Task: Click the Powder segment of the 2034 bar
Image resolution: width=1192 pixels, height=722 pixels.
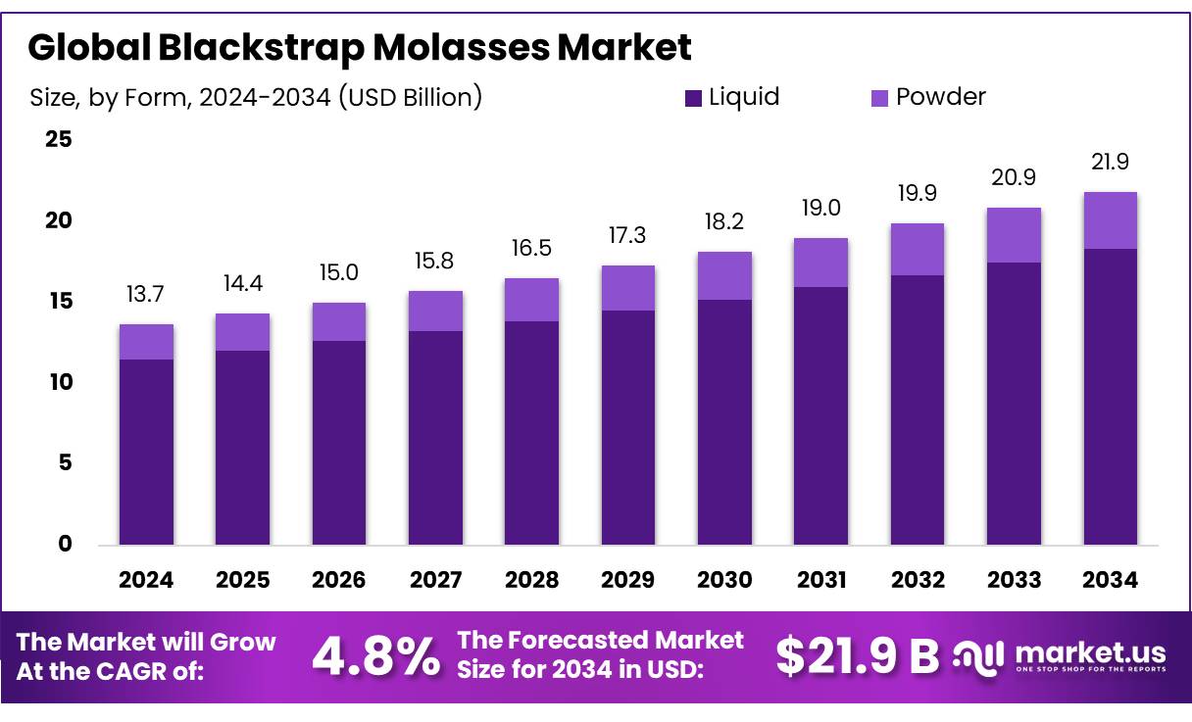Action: click(1110, 220)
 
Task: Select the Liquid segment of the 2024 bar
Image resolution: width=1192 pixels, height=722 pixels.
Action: click(146, 452)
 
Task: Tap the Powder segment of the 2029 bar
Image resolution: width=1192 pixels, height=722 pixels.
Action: click(628, 288)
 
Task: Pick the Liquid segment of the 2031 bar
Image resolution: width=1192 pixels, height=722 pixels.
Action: click(820, 415)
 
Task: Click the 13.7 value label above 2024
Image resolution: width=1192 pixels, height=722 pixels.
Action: click(146, 294)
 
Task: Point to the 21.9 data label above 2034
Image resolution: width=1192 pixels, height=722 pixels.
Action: click(1110, 162)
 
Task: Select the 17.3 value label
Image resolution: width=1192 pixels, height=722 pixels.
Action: click(628, 235)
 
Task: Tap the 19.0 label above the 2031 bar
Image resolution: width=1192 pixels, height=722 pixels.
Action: click(820, 208)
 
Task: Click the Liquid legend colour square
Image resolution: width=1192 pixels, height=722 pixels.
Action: click(693, 98)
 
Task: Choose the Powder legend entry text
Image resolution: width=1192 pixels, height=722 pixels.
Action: click(940, 97)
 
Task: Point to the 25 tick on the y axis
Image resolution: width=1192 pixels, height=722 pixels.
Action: click(60, 139)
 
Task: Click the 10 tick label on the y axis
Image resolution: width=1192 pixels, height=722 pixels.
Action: click(60, 382)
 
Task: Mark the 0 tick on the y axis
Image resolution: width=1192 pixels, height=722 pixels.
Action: click(65, 544)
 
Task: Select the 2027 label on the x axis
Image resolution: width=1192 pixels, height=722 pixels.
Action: click(435, 580)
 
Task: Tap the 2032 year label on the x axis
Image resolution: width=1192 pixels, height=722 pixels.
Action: click(918, 580)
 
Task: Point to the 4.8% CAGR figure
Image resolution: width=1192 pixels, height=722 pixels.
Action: click(375, 657)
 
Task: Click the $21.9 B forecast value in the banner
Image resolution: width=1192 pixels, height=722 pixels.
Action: click(857, 656)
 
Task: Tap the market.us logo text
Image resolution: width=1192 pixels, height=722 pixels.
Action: click(1090, 652)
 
